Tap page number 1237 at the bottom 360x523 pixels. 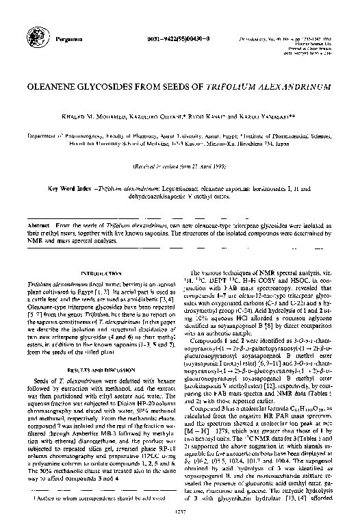pos(180,513)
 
